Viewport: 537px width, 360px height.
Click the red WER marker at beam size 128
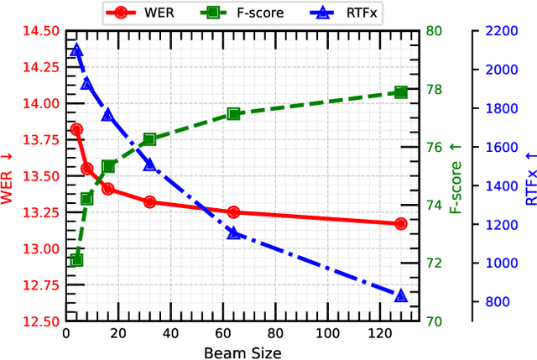400,223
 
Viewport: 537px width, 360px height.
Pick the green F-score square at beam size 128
400,92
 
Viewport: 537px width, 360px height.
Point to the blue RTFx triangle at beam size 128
400,295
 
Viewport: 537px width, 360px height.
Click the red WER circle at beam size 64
233,212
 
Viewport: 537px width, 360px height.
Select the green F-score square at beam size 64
233,114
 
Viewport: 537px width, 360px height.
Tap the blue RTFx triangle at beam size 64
233,232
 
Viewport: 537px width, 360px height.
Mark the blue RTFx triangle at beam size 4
76,50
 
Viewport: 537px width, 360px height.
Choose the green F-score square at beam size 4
76,260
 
